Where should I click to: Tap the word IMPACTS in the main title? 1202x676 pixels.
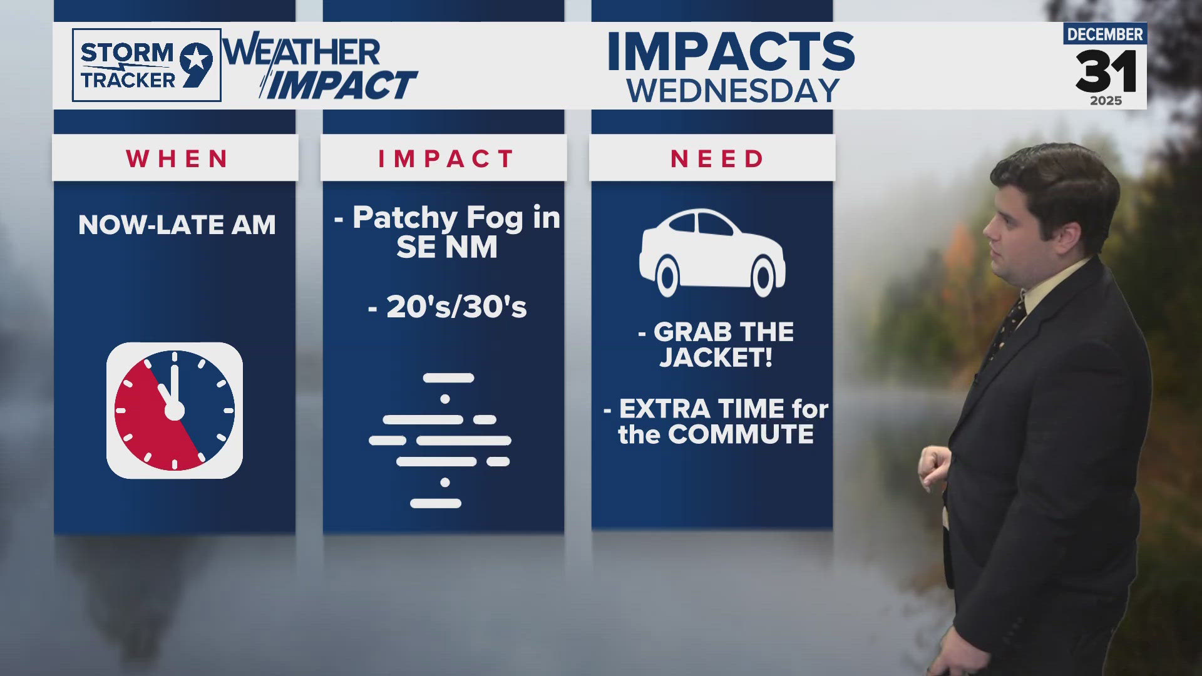pos(731,53)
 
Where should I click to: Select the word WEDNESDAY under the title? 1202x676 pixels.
pos(732,91)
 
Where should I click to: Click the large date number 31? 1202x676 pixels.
pos(1106,71)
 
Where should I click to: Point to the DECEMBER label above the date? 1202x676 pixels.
pos(1105,34)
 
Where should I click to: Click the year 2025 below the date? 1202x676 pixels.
pos(1106,101)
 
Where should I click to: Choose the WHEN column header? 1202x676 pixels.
pos(177,159)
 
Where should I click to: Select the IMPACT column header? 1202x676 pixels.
pos(446,159)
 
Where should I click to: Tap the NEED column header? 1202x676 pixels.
pos(717,159)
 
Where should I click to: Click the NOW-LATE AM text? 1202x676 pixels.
pos(177,225)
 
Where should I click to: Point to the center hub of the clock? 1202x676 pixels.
pos(174,411)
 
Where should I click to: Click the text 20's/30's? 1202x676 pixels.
pos(456,307)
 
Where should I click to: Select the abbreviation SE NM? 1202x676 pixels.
pos(446,247)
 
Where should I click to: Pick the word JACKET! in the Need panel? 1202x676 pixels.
pos(716,358)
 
